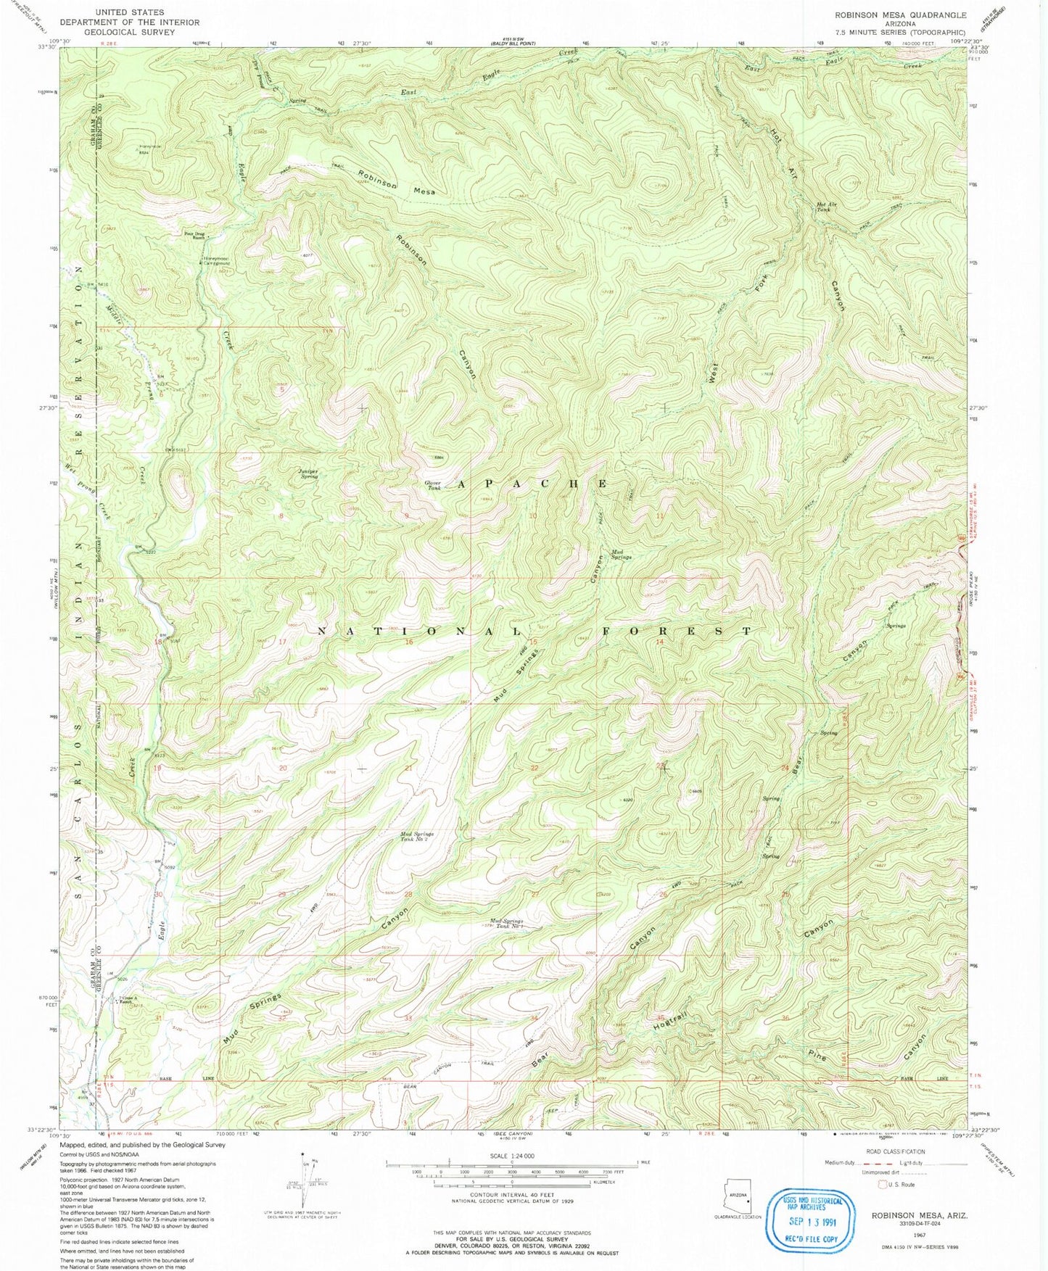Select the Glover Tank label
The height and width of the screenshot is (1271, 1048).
[433, 485]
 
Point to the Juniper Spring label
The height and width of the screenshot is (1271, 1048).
[308, 473]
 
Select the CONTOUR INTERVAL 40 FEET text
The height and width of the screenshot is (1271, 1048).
[512, 1195]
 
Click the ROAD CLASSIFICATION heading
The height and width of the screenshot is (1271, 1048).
[896, 1151]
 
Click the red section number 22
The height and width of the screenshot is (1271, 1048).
[535, 768]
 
